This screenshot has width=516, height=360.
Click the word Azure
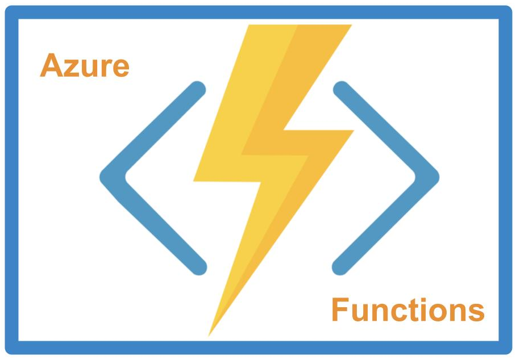(85, 66)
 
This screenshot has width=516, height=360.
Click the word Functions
(407, 310)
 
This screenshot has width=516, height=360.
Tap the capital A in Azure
(51, 66)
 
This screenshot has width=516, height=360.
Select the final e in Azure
(120, 69)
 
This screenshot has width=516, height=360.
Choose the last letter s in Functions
(476, 313)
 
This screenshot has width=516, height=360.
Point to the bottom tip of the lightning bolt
(209, 335)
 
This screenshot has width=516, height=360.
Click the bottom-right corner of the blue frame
(509, 351)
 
